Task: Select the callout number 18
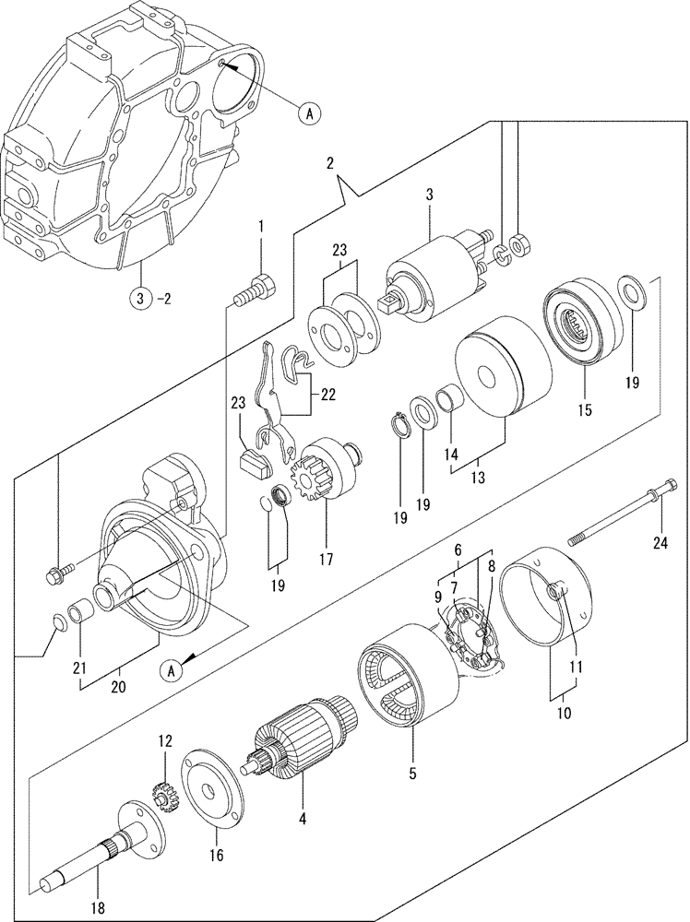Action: coord(99,908)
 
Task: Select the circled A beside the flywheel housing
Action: coord(310,112)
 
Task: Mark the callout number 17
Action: coord(325,558)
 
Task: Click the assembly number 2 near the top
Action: coord(329,164)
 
